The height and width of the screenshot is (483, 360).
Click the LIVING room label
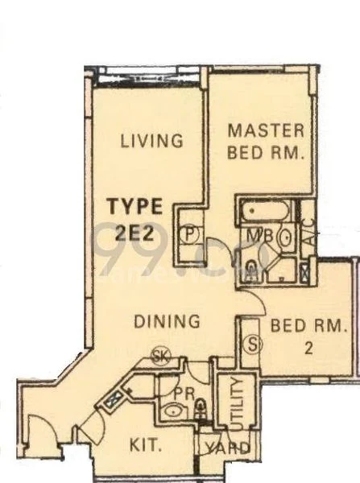[151, 141]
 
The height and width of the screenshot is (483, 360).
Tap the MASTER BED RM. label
[265, 140]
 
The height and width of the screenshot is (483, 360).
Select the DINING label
[167, 321]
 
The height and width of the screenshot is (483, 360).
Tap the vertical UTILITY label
[235, 402]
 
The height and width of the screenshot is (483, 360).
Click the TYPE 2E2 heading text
[136, 217]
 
